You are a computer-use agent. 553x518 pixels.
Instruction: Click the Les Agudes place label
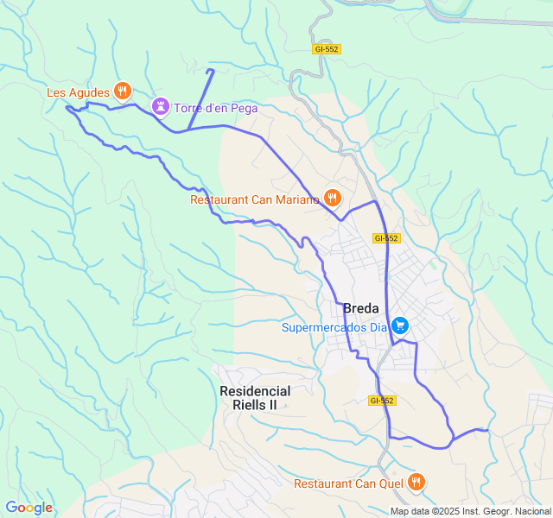tap(78, 92)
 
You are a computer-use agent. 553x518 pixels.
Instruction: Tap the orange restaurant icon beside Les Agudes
tap(123, 90)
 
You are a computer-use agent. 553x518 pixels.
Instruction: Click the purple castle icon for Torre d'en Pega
tap(160, 106)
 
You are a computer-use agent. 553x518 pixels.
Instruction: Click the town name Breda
tap(361, 308)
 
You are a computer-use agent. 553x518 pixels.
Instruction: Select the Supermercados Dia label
tap(334, 327)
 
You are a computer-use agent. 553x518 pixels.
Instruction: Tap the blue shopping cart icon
tap(400, 325)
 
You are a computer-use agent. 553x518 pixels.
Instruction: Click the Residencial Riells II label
tap(255, 397)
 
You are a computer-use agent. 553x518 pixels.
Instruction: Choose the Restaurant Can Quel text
tap(349, 483)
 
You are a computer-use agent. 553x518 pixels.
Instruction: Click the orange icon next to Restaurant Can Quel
tap(416, 482)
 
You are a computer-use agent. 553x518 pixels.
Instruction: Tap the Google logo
tap(29, 508)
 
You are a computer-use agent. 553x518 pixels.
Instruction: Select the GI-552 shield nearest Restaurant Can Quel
tap(381, 401)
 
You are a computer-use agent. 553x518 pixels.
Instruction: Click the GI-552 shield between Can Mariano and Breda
tap(386, 237)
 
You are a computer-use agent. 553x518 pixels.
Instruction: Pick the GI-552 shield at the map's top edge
tap(327, 49)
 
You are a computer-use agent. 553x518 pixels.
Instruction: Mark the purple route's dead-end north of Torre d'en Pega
tap(211, 70)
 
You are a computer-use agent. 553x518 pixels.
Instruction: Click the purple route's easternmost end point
tap(487, 429)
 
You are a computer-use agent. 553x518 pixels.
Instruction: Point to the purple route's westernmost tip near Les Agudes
tap(67, 108)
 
